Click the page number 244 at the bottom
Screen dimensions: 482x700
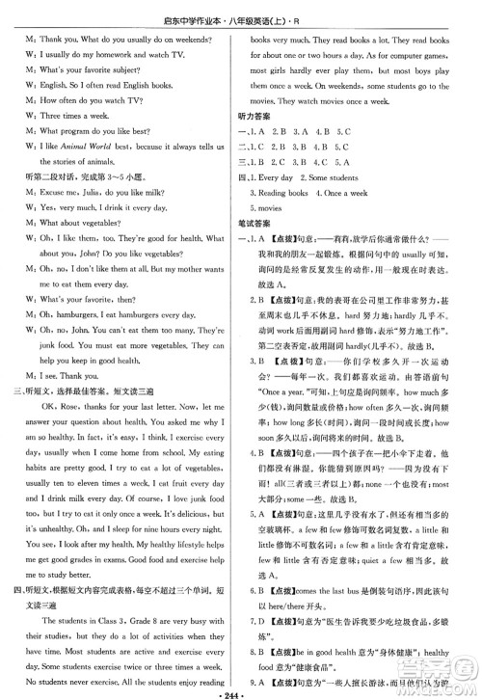(241, 691)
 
